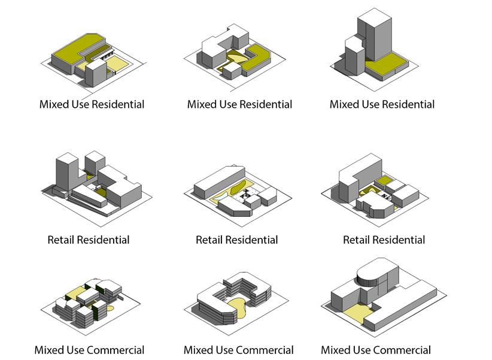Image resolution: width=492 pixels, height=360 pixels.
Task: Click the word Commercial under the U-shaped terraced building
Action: click(265, 350)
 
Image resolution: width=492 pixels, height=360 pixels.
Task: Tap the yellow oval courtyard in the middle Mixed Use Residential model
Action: click(233, 60)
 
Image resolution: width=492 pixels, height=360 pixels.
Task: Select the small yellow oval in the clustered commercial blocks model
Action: click(111, 310)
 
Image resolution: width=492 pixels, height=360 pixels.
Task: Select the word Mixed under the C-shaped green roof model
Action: click(53, 104)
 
